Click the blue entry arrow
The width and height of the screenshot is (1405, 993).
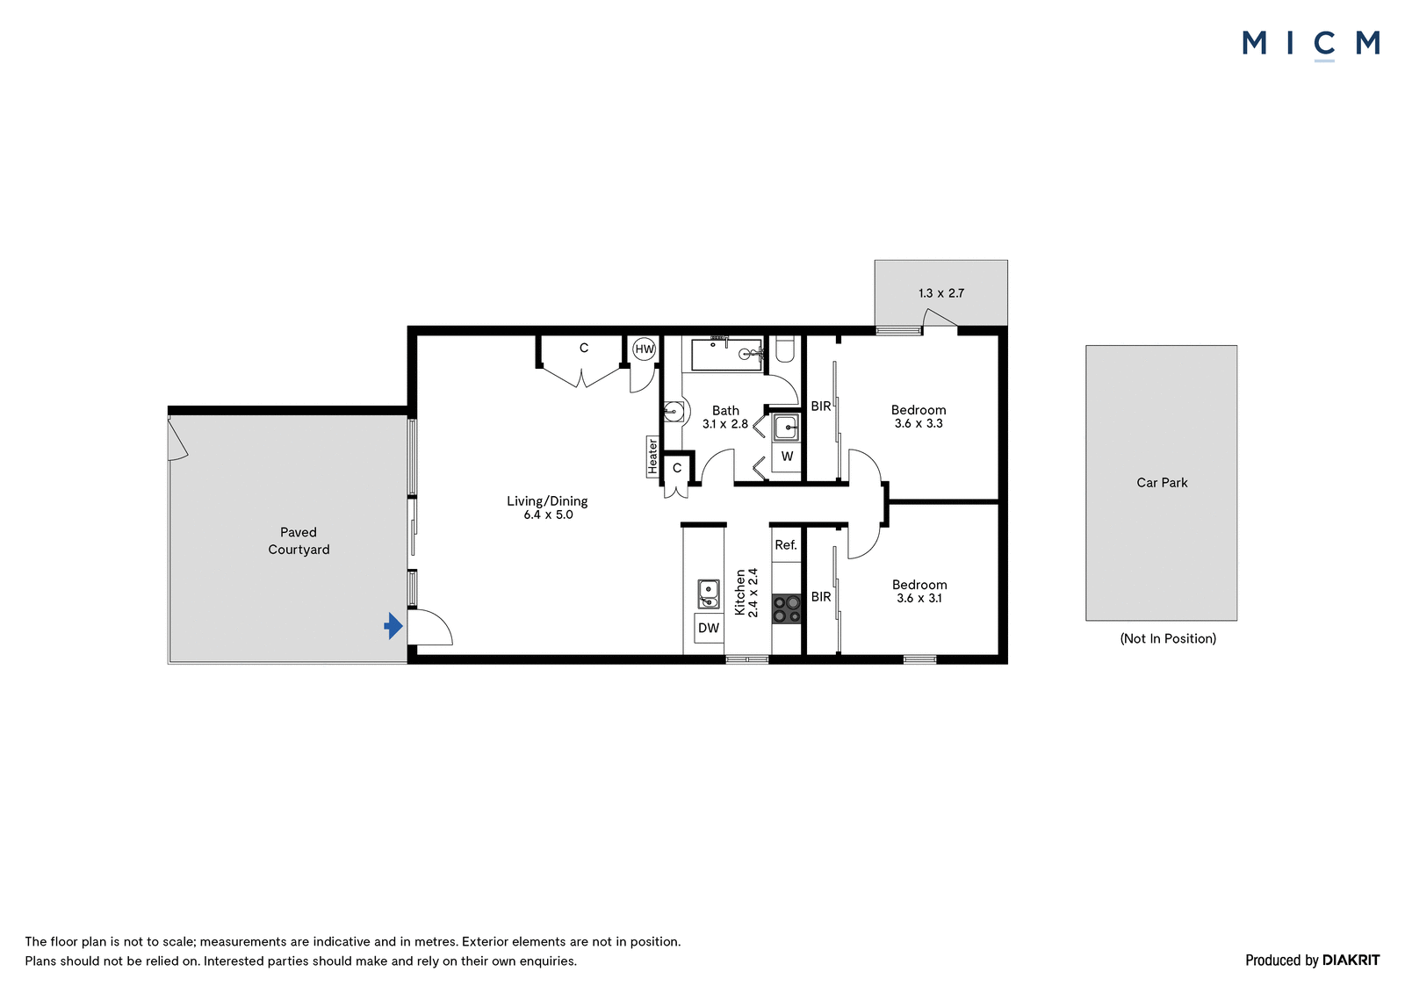pyautogui.click(x=393, y=625)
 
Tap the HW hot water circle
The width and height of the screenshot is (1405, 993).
pyautogui.click(x=645, y=349)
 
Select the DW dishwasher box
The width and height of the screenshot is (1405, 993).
pyautogui.click(x=709, y=628)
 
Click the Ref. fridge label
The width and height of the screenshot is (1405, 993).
pyautogui.click(x=786, y=545)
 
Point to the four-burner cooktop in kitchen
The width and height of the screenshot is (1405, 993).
pyautogui.click(x=787, y=608)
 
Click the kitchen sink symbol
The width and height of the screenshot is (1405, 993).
pyautogui.click(x=708, y=594)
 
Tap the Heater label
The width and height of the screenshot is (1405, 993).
pyautogui.click(x=652, y=456)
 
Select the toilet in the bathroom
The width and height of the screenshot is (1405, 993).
pyautogui.click(x=785, y=349)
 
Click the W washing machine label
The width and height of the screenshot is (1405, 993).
pyautogui.click(x=787, y=457)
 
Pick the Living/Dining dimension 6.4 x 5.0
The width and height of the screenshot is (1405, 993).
pyautogui.click(x=548, y=515)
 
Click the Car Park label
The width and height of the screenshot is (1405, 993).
pyautogui.click(x=1162, y=482)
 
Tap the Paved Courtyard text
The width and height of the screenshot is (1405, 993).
pyautogui.click(x=299, y=541)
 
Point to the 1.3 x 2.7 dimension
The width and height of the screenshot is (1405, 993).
pyautogui.click(x=940, y=293)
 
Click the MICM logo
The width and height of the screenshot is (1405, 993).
pyautogui.click(x=1311, y=45)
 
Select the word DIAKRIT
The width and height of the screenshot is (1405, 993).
pyautogui.click(x=1351, y=960)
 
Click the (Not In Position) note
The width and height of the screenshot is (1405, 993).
pyautogui.click(x=1168, y=638)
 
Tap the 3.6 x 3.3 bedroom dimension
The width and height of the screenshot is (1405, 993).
pyautogui.click(x=919, y=423)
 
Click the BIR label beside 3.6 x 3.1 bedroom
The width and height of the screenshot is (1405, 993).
pyautogui.click(x=821, y=596)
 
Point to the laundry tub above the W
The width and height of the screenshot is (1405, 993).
pyautogui.click(x=786, y=428)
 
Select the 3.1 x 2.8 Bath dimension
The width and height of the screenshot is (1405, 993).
pyautogui.click(x=725, y=424)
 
